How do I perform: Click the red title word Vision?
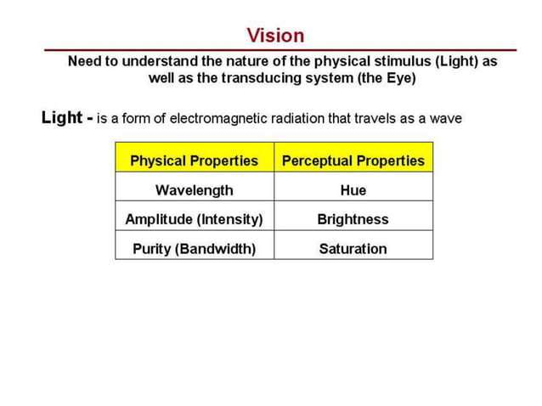[x=275, y=36]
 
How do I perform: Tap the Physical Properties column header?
[x=194, y=161]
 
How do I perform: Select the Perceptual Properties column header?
[x=353, y=161]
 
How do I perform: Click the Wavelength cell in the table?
[x=194, y=190]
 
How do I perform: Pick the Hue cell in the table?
[x=353, y=190]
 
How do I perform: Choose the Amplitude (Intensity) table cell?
[x=194, y=219]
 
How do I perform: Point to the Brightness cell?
[x=353, y=219]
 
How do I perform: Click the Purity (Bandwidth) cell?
[x=194, y=249]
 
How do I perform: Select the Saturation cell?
[x=353, y=249]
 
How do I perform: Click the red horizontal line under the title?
[x=280, y=50]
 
